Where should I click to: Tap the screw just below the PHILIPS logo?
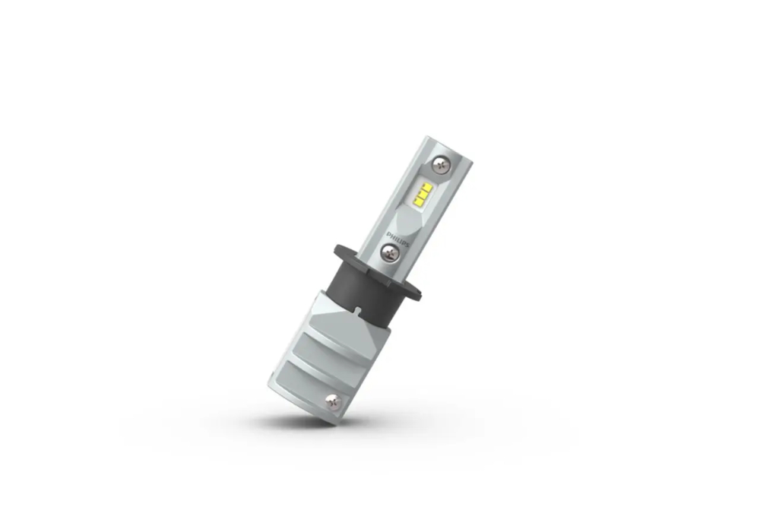pyautogui.click(x=390, y=251)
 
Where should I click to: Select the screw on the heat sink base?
pyautogui.click(x=333, y=401)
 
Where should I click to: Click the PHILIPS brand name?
pyautogui.click(x=397, y=239)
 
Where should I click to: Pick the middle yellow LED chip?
pyautogui.click(x=424, y=192)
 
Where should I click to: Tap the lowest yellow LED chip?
pyautogui.click(x=420, y=200)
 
